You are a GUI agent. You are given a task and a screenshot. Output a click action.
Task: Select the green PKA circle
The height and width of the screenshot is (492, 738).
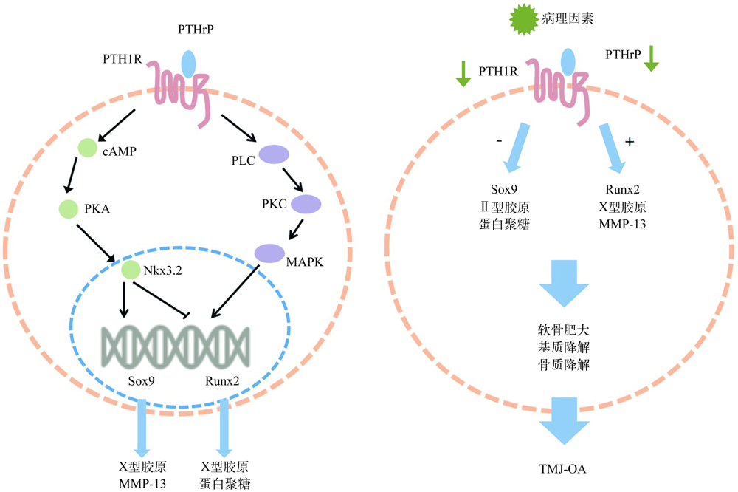point(69,209)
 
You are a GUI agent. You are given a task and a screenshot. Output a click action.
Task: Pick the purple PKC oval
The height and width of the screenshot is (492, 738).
point(306,203)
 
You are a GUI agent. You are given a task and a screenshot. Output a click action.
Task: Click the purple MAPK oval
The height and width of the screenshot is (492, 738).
point(270,253)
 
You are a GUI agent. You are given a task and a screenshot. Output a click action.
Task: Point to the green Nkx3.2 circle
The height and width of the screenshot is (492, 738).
point(131,270)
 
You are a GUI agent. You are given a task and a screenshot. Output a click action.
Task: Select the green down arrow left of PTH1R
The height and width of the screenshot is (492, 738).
point(463,72)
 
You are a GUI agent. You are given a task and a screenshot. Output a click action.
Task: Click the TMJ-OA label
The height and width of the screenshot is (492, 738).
point(562,467)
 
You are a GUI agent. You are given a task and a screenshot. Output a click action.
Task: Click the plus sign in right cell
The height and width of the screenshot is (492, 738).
point(629,142)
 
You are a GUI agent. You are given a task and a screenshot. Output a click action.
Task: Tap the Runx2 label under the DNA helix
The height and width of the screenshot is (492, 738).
point(221,383)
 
